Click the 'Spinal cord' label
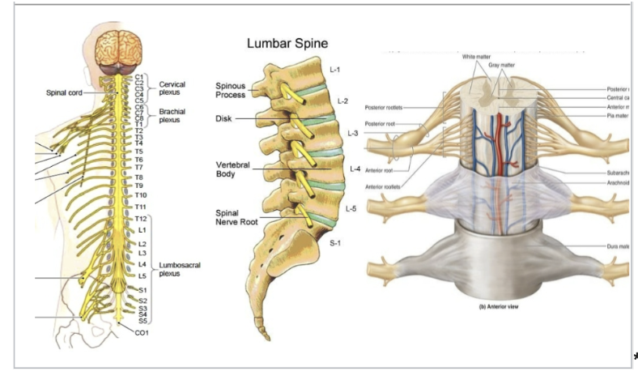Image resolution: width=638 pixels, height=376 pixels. click(63, 92)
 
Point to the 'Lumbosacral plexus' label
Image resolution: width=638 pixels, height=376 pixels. click(179, 269)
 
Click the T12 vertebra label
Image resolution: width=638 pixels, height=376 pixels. click(141, 220)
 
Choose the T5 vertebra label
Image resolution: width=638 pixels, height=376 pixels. click(138, 152)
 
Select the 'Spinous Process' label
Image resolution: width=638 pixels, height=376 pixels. click(231, 90)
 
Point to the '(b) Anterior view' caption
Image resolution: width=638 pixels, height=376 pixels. click(494, 308)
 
